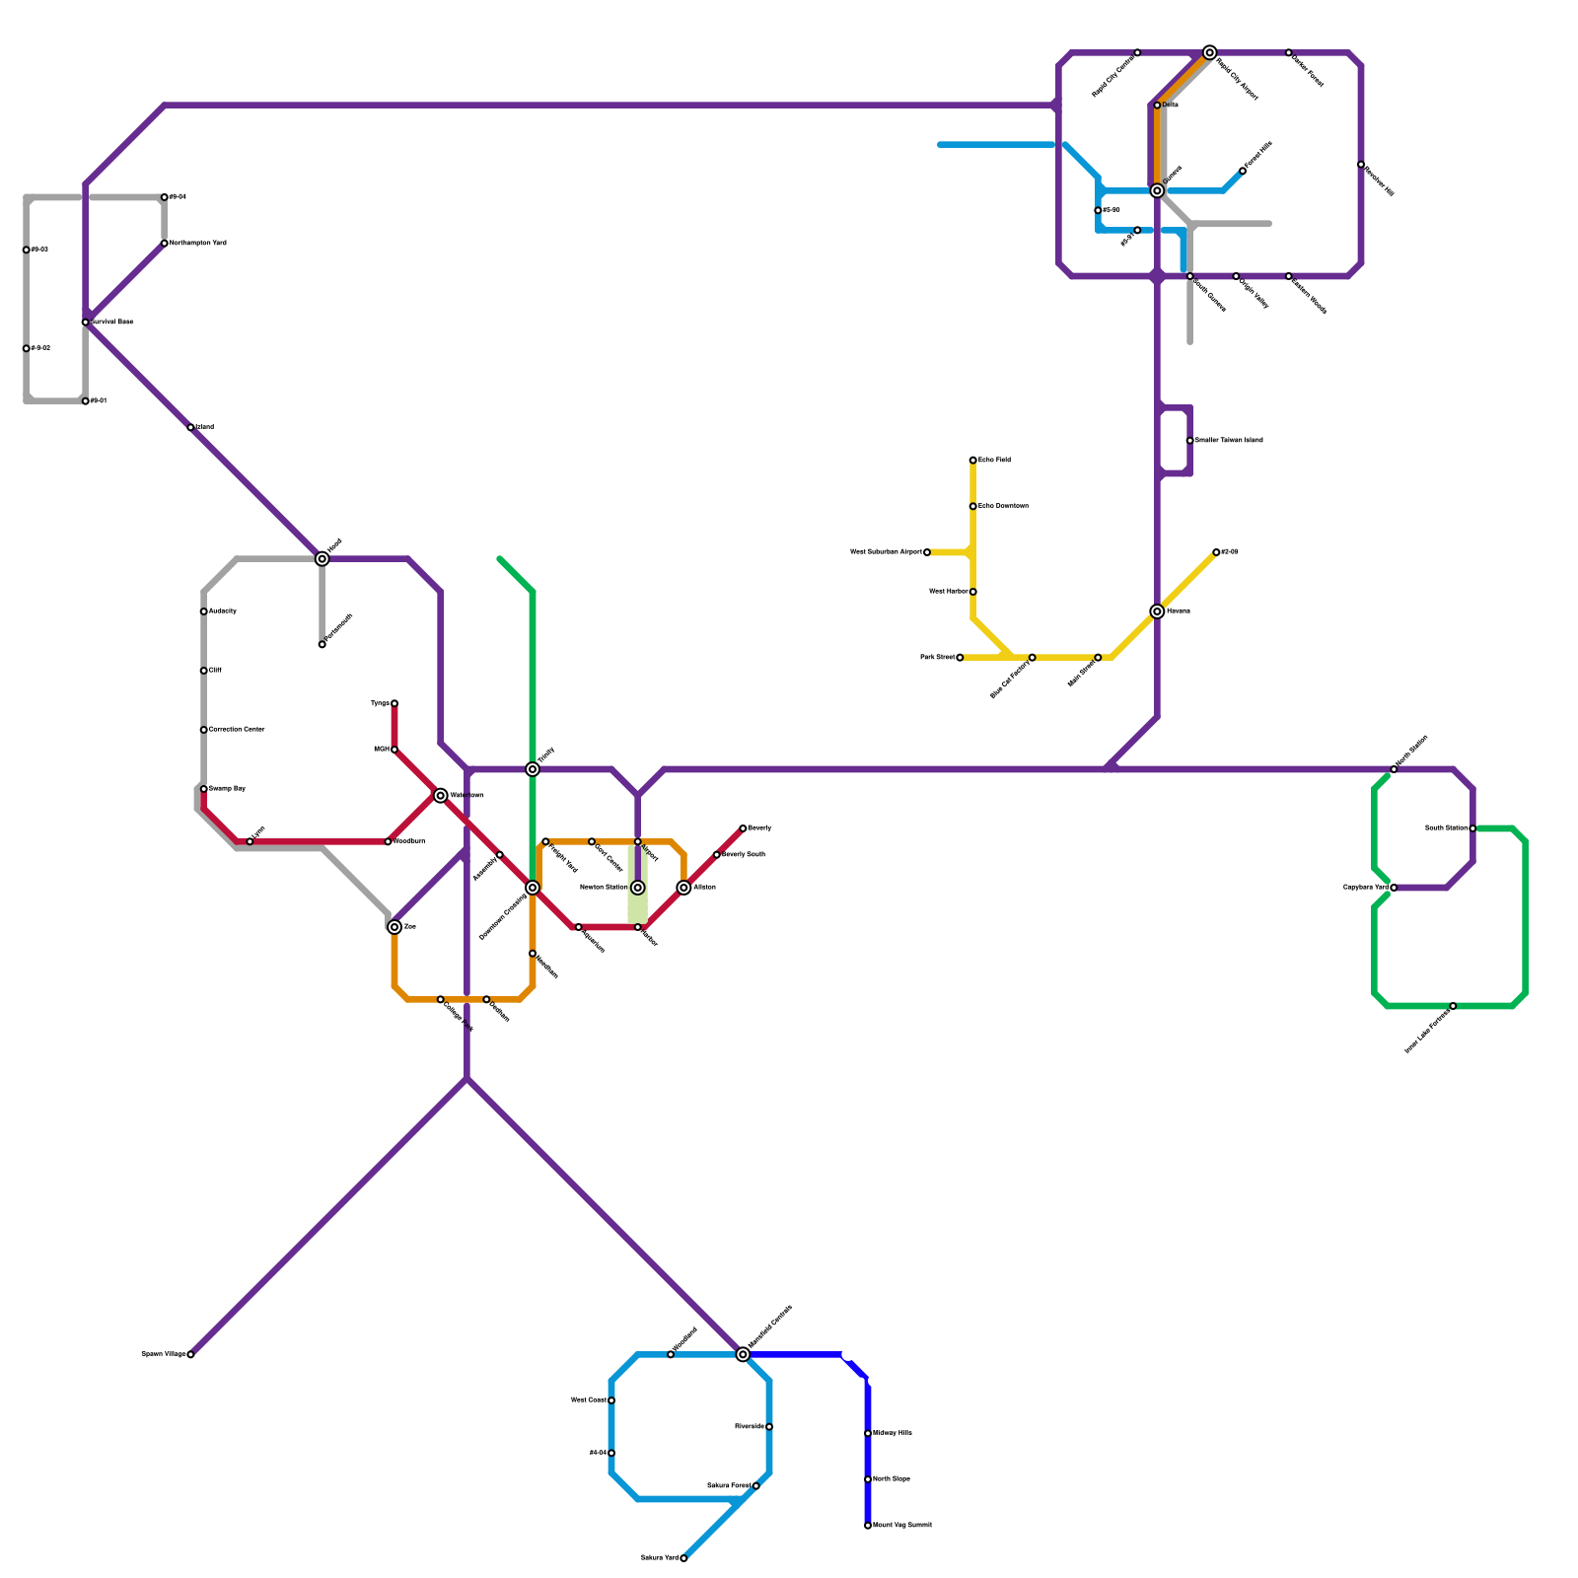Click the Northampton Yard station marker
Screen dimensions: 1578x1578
(165, 244)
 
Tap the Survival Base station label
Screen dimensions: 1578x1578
(113, 323)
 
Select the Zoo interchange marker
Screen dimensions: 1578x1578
(394, 927)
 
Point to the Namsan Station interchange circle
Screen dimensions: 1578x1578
(638, 888)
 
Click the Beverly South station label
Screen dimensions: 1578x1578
(744, 854)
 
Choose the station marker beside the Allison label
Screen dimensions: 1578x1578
(684, 888)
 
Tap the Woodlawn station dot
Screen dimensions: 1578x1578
(388, 841)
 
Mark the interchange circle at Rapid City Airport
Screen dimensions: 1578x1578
(1210, 52)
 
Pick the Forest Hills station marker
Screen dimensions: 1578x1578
(1243, 171)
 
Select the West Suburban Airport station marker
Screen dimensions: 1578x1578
(927, 552)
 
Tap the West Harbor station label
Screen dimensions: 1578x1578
(948, 592)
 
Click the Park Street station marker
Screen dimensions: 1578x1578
(960, 657)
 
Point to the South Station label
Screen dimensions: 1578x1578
(1446, 828)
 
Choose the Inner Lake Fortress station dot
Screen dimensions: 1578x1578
(1453, 1006)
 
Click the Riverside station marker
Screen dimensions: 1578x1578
(769, 1427)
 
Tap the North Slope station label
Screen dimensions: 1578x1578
(892, 1479)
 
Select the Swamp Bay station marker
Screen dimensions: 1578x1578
(204, 789)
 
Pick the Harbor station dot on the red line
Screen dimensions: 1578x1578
(638, 927)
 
